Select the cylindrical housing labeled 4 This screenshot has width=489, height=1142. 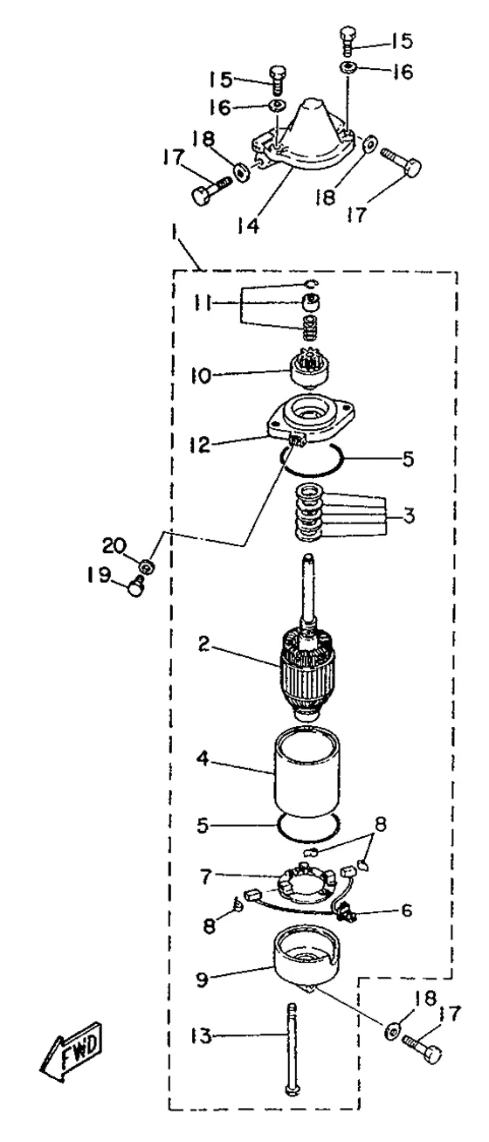pyautogui.click(x=307, y=772)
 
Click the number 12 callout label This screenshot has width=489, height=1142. pyautogui.click(x=200, y=445)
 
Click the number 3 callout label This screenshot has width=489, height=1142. pyautogui.click(x=409, y=516)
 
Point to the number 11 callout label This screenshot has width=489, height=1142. pyautogui.click(x=203, y=304)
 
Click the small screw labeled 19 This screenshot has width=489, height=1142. pyautogui.click(x=137, y=587)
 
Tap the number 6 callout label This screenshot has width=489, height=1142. pyautogui.click(x=407, y=910)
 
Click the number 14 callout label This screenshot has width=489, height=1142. pyautogui.click(x=249, y=225)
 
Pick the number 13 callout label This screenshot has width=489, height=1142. pyautogui.click(x=201, y=1035)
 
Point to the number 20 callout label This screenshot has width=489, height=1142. pyautogui.click(x=114, y=546)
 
